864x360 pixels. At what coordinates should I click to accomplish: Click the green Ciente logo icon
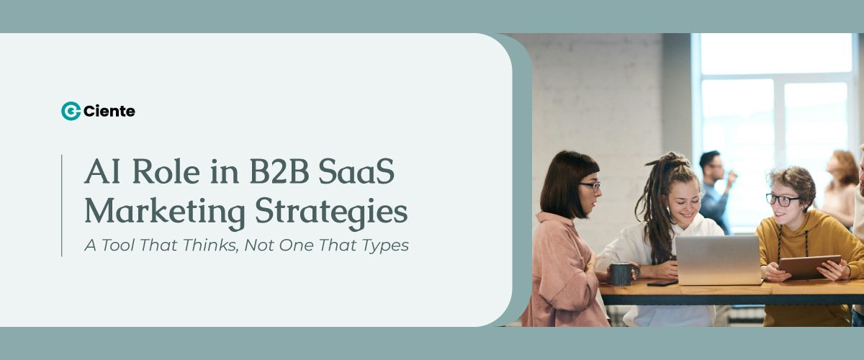[x=71, y=111]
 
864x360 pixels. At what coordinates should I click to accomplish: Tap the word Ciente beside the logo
[x=109, y=111]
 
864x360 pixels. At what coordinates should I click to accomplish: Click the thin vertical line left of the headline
[x=62, y=205]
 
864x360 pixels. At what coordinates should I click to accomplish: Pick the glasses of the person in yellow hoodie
[x=780, y=199]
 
